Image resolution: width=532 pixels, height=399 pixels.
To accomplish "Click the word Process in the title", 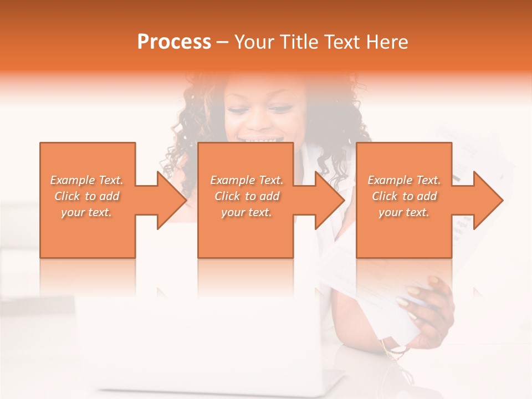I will click(174, 42).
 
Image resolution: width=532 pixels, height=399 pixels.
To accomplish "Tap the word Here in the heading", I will click(388, 42).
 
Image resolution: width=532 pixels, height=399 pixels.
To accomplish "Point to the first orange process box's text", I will click(86, 196).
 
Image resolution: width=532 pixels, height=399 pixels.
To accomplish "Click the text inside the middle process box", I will click(247, 196).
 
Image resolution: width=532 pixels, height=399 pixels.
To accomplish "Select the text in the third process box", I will click(404, 196).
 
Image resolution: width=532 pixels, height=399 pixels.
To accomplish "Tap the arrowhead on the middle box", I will click(329, 200).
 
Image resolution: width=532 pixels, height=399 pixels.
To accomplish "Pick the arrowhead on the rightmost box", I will click(488, 200).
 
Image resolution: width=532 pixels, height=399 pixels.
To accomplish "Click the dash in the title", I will click(223, 42).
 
